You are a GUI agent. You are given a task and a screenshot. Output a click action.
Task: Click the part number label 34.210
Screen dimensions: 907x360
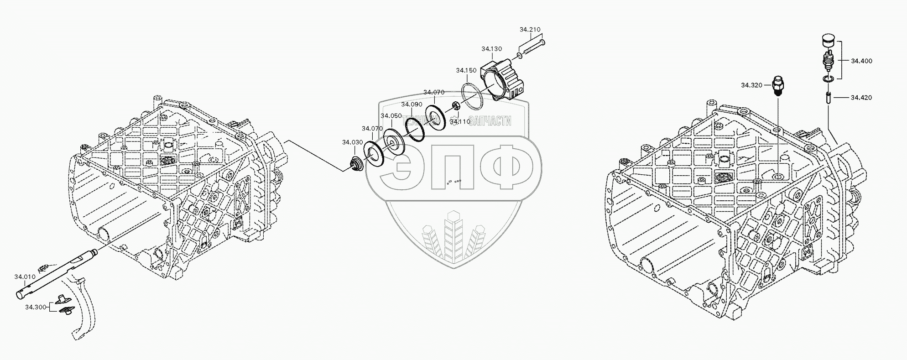pos(530,30)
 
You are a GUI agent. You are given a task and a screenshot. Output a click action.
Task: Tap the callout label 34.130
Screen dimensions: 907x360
pos(491,49)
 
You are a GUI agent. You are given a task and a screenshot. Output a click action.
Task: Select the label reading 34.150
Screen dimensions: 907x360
pos(466,70)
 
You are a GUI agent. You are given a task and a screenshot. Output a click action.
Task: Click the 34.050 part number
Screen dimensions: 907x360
pos(391,116)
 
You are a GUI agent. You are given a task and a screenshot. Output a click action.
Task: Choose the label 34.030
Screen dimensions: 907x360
pos(352,142)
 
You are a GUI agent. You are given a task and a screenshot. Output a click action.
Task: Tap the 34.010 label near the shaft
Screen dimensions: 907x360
pos(25,277)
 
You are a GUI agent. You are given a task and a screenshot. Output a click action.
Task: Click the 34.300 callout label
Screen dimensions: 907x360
pos(36,307)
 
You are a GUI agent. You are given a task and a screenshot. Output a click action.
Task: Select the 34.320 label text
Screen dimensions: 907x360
pos(751,85)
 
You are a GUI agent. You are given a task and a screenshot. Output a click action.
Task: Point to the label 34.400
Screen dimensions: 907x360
pos(861,61)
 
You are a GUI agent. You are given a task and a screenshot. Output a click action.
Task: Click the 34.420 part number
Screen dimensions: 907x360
pos(861,98)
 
